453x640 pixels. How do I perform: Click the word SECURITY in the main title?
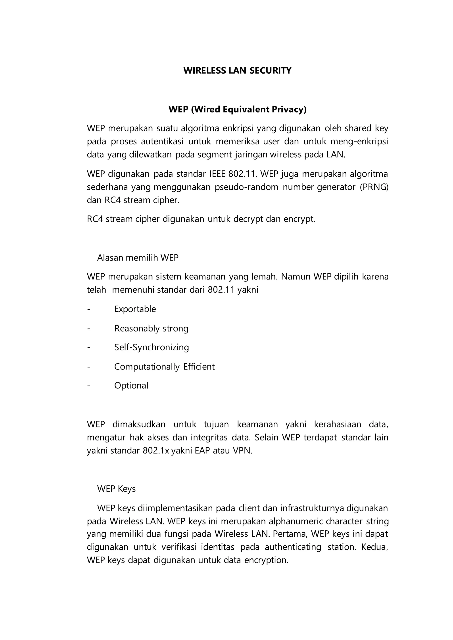click(x=270, y=70)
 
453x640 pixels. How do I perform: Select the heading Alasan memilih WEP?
click(x=138, y=257)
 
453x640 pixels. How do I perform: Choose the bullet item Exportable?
click(x=135, y=309)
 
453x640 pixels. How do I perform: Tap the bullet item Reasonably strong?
click(x=151, y=328)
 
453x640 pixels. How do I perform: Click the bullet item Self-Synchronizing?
click(x=152, y=347)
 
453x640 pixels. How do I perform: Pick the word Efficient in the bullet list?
click(x=199, y=367)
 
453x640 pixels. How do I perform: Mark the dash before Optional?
click(x=89, y=385)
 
